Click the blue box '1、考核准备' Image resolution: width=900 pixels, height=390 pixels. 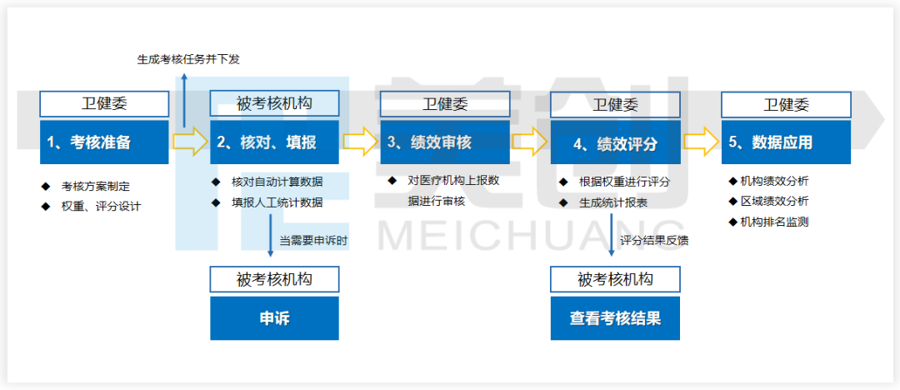pos(104,142)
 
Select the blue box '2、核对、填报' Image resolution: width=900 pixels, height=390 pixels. pos(274,142)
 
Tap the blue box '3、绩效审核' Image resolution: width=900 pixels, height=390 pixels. pos(445,142)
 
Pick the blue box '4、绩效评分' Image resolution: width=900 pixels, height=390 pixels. pos(615,143)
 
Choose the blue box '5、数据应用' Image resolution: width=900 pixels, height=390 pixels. pos(786,142)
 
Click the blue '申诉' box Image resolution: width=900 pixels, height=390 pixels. pos(274,318)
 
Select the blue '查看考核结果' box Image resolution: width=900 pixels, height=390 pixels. pos(615,318)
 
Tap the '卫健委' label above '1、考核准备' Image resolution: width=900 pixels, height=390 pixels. pos(104,104)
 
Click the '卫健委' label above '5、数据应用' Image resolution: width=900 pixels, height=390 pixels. pos(786,105)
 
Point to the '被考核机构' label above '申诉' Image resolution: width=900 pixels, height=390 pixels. pos(274,279)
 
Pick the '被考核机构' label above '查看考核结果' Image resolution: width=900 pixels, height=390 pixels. pos(615,279)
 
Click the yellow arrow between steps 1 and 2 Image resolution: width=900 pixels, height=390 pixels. pos(190,142)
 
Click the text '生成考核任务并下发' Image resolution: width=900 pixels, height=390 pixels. pos(188,59)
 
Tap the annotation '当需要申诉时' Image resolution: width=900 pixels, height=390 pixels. pos(313,240)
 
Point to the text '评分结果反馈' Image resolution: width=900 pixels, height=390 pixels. pos(654,241)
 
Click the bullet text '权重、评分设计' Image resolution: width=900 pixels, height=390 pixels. pos(101,206)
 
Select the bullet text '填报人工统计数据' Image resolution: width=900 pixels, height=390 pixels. pos(277,202)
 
